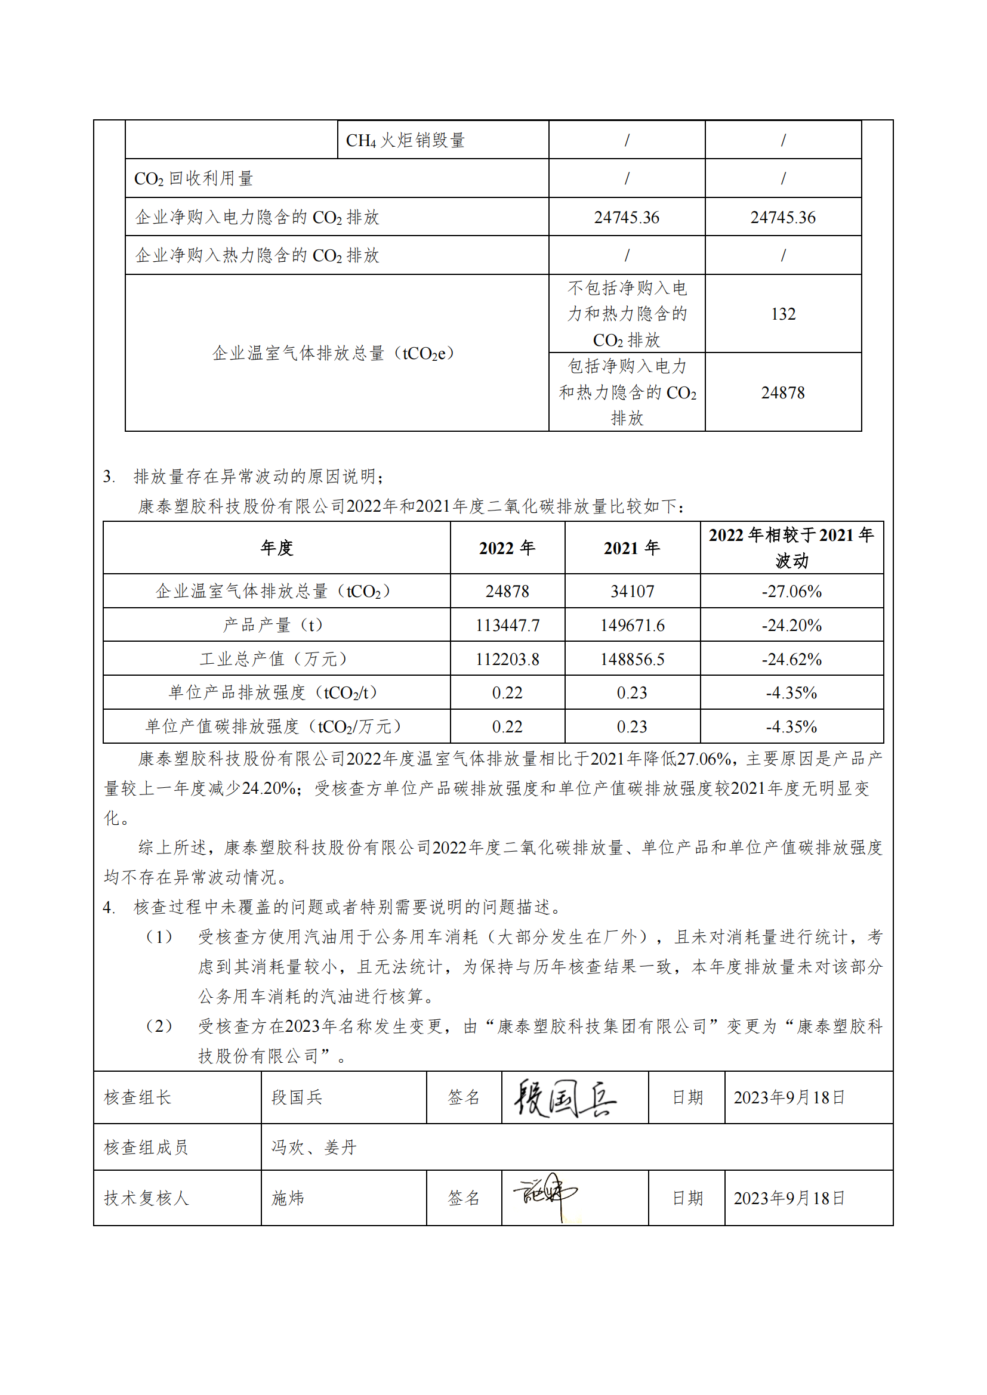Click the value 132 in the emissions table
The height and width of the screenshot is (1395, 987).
(783, 314)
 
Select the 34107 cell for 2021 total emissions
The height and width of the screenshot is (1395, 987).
(632, 591)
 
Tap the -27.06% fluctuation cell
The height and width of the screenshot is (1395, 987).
(791, 591)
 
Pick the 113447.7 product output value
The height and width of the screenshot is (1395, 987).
(507, 625)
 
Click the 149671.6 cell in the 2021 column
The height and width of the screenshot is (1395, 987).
(632, 625)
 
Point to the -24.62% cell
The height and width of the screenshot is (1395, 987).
(791, 659)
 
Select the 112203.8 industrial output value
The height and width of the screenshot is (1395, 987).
(507, 659)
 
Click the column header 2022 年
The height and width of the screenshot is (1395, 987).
(507, 548)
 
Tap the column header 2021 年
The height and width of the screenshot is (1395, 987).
(632, 548)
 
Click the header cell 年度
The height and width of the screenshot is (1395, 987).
(276, 548)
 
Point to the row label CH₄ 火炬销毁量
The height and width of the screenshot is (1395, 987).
(405, 140)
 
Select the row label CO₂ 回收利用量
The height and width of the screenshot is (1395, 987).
(193, 179)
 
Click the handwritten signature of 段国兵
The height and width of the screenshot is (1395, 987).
(565, 1099)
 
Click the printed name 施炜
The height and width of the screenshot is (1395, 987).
(288, 1198)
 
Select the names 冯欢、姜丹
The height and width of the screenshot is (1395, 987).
(314, 1147)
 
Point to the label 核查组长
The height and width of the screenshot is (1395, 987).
(138, 1097)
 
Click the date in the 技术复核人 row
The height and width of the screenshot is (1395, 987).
(789, 1198)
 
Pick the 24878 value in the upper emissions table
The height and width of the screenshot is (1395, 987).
(783, 392)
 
